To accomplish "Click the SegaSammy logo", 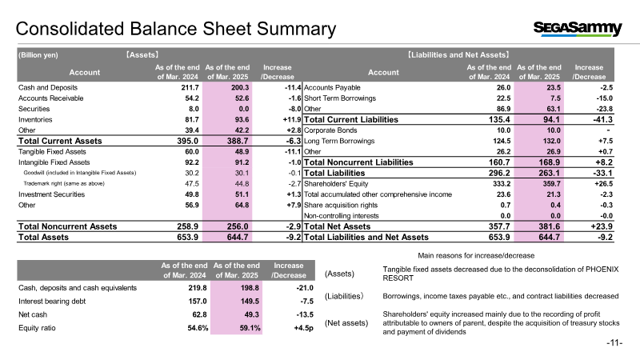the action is [578, 29].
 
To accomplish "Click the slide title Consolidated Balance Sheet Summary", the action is [176, 29].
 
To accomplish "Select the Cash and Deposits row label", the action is [48, 87].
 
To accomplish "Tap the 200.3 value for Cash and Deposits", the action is [240, 87].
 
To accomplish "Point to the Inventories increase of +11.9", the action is [292, 119].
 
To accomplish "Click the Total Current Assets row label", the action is [60, 141].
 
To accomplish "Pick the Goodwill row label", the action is [79, 173].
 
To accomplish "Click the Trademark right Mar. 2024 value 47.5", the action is [192, 184].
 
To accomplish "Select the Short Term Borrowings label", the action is [339, 98].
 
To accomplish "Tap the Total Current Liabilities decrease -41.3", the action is [603, 119].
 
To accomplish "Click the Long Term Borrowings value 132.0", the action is [551, 141].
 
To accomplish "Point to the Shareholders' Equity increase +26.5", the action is [603, 184].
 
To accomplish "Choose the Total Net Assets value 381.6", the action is [549, 226].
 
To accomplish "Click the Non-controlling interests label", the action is [342, 216].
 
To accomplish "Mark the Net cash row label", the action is [33, 314].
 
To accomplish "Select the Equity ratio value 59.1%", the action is [250, 328].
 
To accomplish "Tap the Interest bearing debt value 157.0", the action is [198, 302].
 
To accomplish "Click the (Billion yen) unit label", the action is [38, 54].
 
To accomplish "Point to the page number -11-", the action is [614, 343].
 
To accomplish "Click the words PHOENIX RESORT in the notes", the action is [501, 274].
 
